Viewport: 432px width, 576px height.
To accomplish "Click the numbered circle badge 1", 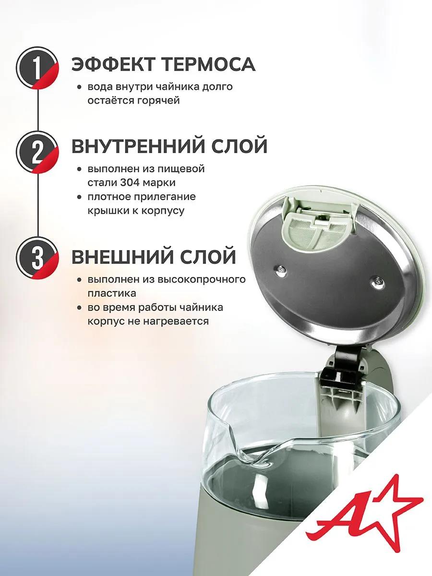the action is [x=37, y=68].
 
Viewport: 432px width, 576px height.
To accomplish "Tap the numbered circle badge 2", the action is [x=37, y=152].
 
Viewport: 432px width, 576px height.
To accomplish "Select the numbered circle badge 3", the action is [x=37, y=258].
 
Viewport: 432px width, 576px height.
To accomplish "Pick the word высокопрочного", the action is [x=202, y=280].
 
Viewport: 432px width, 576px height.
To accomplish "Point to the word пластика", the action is [x=112, y=293].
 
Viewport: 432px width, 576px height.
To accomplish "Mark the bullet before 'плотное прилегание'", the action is [x=80, y=198].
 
